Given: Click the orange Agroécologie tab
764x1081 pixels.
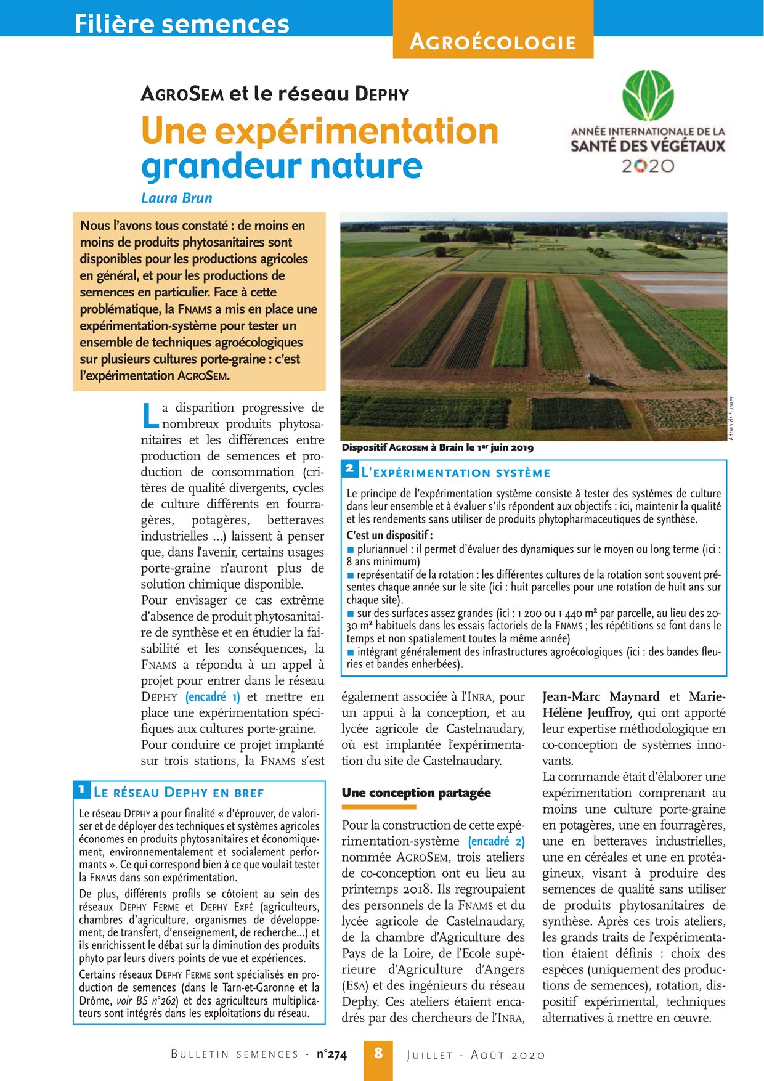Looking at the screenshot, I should (493, 42).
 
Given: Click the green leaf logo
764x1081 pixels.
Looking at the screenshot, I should (647, 96).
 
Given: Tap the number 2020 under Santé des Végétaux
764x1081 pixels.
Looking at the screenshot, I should (647, 166).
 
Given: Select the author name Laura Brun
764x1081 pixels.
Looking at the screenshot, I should (176, 198).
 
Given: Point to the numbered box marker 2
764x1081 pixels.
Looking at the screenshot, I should (349, 469).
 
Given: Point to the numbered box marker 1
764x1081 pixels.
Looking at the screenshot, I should (81, 789).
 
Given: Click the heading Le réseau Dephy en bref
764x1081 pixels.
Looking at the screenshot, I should (178, 793).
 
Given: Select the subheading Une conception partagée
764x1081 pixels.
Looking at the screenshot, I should (416, 793).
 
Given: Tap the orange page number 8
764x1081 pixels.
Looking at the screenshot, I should (378, 1053).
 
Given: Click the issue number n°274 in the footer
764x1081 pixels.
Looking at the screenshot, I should (331, 1054).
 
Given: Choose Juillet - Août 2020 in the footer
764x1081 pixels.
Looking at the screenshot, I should (476, 1054).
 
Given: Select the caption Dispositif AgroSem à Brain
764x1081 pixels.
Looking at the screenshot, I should (437, 447).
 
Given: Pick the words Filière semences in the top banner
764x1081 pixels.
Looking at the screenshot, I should (182, 23).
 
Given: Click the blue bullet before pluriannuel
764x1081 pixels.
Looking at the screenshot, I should (351, 549).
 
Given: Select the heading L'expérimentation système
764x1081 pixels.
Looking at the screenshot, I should (455, 473).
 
